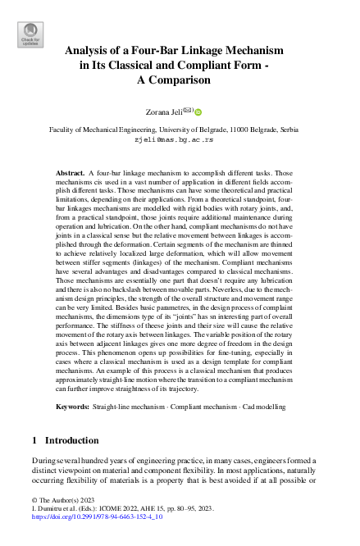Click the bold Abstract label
[x=71, y=175]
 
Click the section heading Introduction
[x=73, y=440]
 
